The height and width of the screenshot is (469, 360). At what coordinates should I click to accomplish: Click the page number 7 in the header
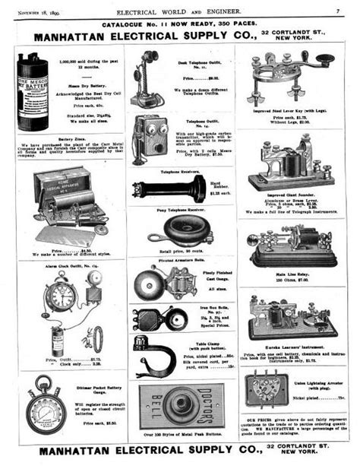(x=336, y=11)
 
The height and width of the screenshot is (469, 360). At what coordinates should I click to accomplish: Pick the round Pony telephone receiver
(x=169, y=229)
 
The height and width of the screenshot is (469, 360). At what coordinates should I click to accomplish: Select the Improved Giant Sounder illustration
(x=292, y=167)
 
